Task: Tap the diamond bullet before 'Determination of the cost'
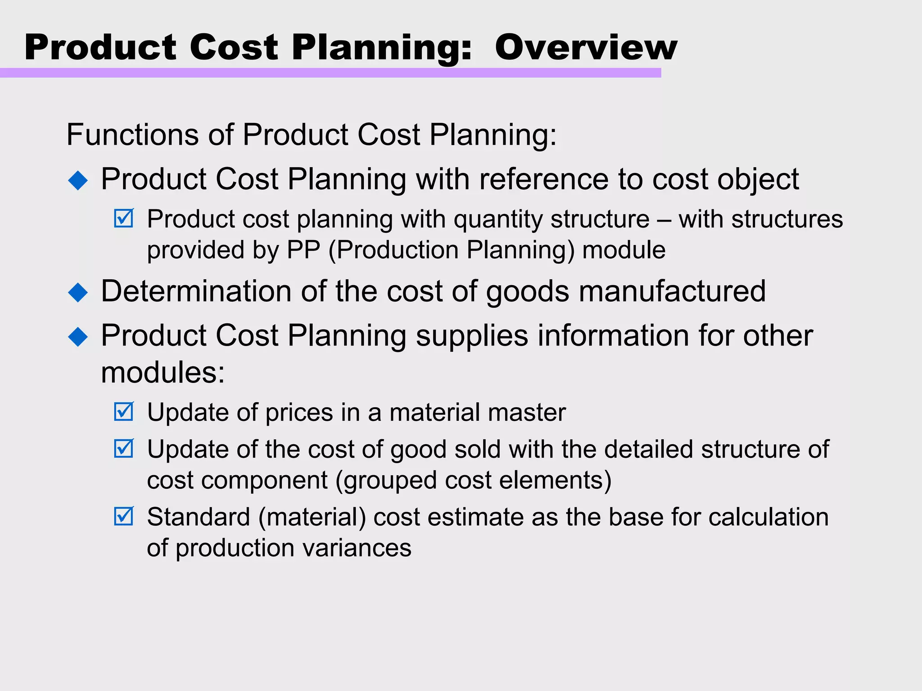78,292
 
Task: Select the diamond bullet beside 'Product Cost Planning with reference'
78,180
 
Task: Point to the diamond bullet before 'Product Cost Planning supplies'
78,337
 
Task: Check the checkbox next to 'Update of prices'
124,411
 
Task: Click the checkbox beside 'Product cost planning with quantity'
124,218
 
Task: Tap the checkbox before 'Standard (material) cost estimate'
124,516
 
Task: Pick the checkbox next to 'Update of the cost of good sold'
124,448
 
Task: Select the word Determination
196,291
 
